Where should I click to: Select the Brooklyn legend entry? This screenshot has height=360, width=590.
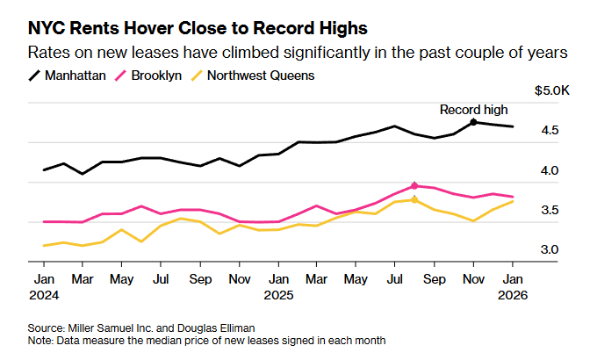[x=151, y=75]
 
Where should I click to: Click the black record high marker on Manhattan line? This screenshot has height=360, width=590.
[x=474, y=122]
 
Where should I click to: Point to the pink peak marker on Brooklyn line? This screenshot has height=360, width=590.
[x=414, y=185]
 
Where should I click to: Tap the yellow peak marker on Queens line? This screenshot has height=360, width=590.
[x=414, y=200]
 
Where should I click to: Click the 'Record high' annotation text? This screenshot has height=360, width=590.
[x=474, y=110]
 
